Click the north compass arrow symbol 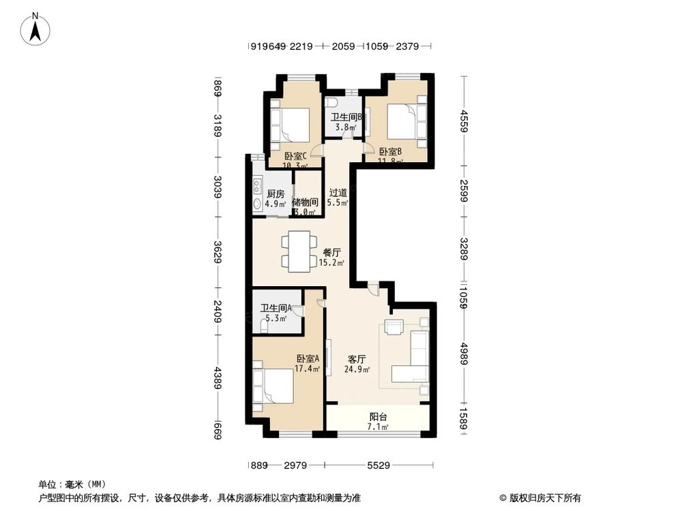pyautogui.click(x=38, y=29)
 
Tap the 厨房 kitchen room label pyautogui.click(x=276, y=193)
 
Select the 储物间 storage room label pyautogui.click(x=305, y=202)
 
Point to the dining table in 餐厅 pyautogui.click(x=300, y=251)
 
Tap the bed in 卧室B pyautogui.click(x=406, y=123)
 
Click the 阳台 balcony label pyautogui.click(x=379, y=416)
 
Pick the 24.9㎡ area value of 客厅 pyautogui.click(x=358, y=370)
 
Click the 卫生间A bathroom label pyautogui.click(x=276, y=308)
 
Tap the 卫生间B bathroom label pyautogui.click(x=346, y=117)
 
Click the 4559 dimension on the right pyautogui.click(x=463, y=123)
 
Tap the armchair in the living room pyautogui.click(x=394, y=327)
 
